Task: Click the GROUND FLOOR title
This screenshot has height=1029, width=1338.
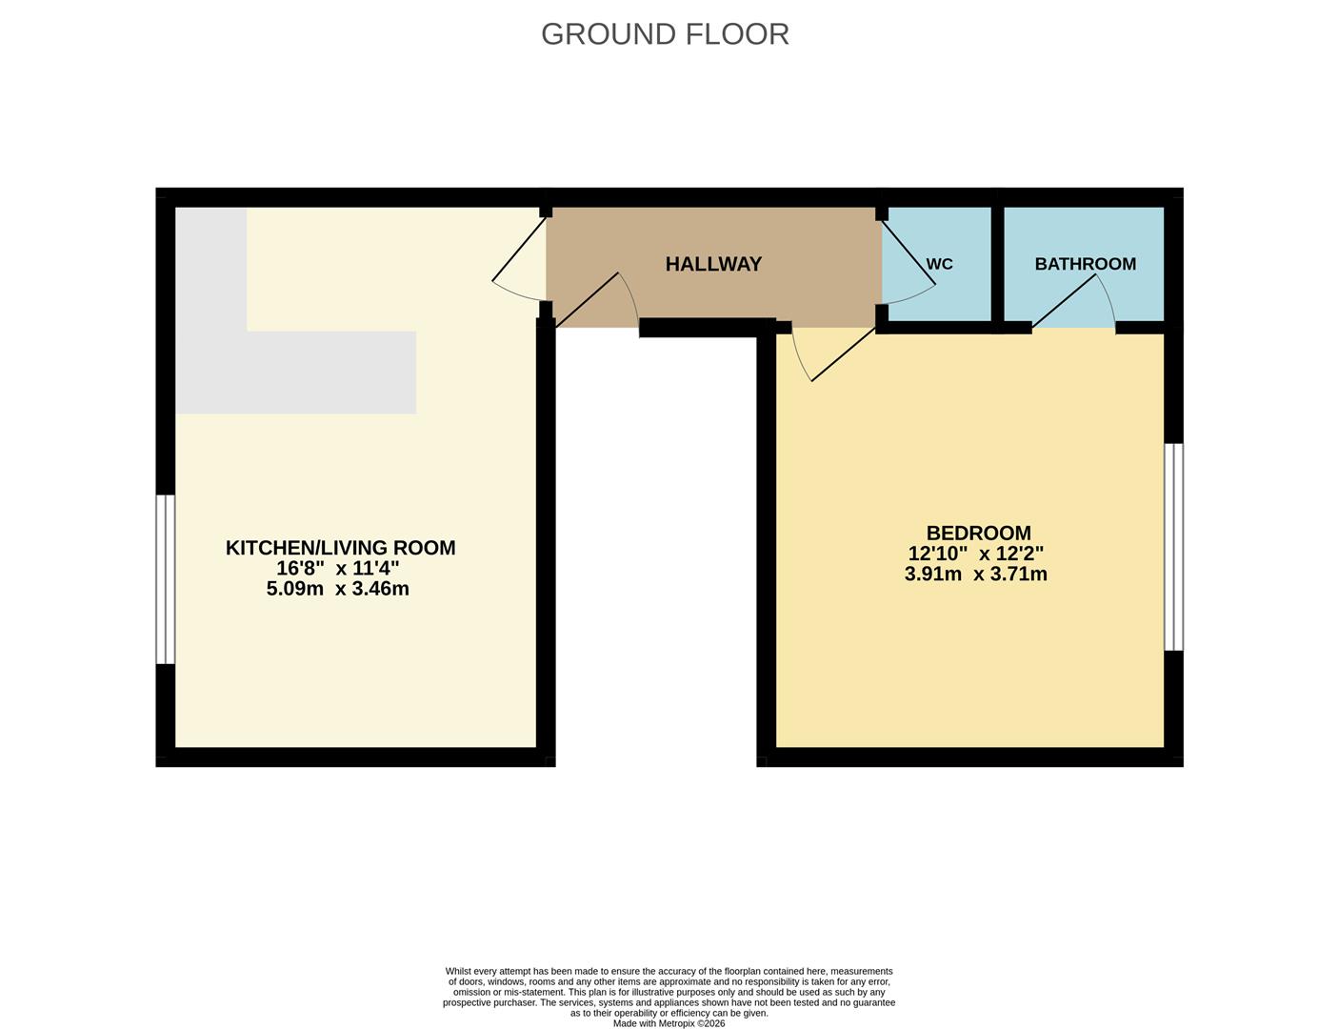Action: (665, 34)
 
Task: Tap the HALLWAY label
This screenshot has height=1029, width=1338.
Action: (713, 264)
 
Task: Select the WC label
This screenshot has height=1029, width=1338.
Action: (940, 264)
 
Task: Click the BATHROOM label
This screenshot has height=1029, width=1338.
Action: (1086, 264)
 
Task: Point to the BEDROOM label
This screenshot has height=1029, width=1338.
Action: (978, 533)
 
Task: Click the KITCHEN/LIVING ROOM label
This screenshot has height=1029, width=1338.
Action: (341, 548)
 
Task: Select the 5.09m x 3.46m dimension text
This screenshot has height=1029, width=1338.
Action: (337, 589)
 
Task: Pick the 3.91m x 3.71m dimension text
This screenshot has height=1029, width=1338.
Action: (976, 574)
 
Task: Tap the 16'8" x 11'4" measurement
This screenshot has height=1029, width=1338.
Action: (337, 568)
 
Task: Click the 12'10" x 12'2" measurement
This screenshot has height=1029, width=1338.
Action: (976, 553)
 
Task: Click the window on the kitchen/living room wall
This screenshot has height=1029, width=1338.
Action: (166, 579)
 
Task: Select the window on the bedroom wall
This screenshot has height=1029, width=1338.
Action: (1173, 547)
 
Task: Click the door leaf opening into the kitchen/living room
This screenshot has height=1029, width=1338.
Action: (519, 249)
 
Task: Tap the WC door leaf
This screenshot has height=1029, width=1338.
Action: (909, 252)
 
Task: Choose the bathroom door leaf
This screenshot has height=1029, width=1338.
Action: (1064, 300)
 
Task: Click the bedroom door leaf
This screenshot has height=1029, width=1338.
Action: (844, 354)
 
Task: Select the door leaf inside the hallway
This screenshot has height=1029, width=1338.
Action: (587, 299)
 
